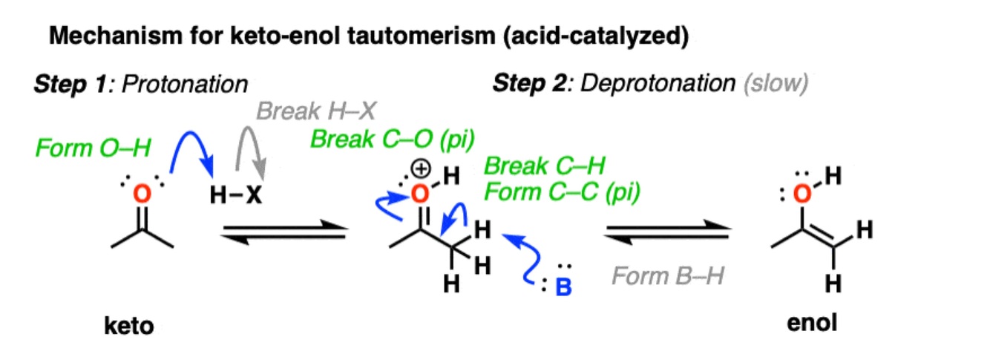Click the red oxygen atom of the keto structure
coord(145,195)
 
